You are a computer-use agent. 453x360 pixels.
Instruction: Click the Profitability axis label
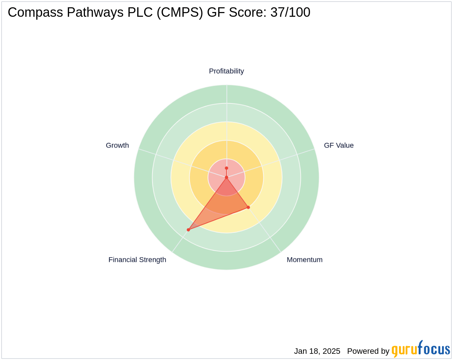[226, 71]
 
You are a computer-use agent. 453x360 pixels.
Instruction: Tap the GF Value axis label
[338, 145]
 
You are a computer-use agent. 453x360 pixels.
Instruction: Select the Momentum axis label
[305, 260]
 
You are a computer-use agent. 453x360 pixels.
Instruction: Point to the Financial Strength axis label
[137, 260]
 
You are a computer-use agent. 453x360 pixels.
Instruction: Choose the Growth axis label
[117, 145]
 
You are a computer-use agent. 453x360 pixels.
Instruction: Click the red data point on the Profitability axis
[226, 168]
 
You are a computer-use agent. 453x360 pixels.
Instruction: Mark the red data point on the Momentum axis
[248, 207]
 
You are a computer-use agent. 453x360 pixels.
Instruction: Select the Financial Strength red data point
[188, 230]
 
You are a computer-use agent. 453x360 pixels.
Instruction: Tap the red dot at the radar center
[226, 177]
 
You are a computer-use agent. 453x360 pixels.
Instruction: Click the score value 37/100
[290, 13]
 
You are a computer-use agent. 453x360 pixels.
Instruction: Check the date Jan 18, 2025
[317, 351]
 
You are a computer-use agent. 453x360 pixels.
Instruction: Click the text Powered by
[368, 351]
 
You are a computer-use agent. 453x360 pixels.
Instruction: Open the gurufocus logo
[421, 349]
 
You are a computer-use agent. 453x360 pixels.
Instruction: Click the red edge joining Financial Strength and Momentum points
[218, 219]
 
